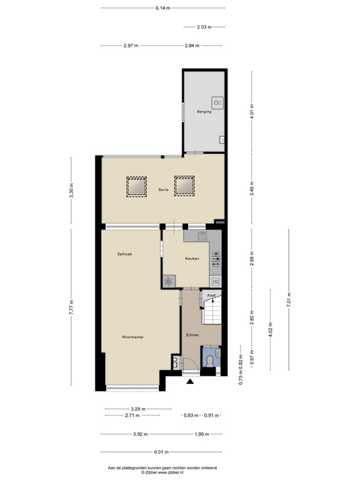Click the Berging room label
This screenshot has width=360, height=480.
(204, 112)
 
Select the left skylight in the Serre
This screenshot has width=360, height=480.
(137, 186)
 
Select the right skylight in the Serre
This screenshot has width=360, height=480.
(184, 186)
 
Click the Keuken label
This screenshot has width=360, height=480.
(192, 259)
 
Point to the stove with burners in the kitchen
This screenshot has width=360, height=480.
(216, 257)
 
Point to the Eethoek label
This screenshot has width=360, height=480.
(124, 254)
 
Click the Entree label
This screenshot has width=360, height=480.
(192, 336)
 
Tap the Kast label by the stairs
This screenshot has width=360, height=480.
(212, 295)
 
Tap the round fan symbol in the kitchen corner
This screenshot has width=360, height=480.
(168, 282)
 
